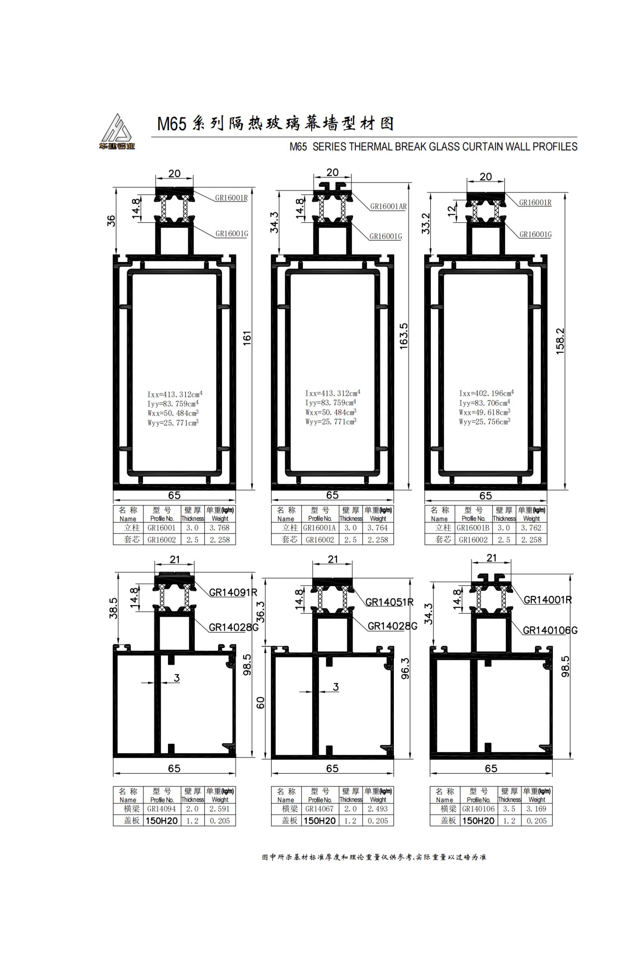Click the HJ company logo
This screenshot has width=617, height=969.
(x=117, y=132)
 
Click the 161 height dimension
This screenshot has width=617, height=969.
(x=247, y=338)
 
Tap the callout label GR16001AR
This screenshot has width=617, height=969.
(x=388, y=206)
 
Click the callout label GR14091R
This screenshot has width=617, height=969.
(x=233, y=593)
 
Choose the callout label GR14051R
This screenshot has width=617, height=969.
(x=389, y=602)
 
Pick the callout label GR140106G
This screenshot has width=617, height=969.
(x=550, y=630)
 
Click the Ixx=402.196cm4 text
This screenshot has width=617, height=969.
(x=486, y=393)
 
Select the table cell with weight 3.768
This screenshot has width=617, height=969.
(x=219, y=528)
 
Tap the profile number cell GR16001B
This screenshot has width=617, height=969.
(x=473, y=528)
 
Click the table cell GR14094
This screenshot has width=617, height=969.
(x=161, y=809)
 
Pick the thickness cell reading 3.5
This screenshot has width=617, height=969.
(x=509, y=809)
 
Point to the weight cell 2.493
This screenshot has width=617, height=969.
(x=377, y=809)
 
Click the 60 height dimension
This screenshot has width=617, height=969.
(x=261, y=703)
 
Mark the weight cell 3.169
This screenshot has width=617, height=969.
(x=536, y=809)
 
